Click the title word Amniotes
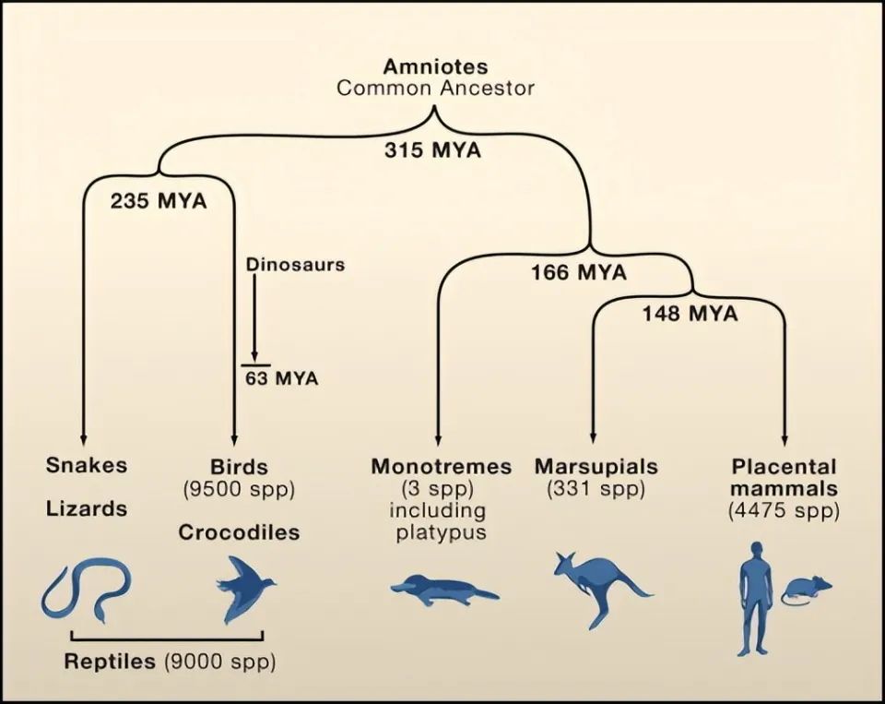(x=435, y=67)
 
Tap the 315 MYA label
(x=432, y=150)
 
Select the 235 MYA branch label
(x=159, y=201)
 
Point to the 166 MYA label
(x=578, y=273)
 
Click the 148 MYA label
(x=690, y=314)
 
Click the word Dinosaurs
(x=295, y=265)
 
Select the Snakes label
(x=87, y=464)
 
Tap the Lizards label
(x=87, y=508)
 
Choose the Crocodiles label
(x=239, y=532)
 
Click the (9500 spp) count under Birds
(x=239, y=489)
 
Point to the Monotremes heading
(x=441, y=466)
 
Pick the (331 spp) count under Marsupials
(x=596, y=489)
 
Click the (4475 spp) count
(x=784, y=510)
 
